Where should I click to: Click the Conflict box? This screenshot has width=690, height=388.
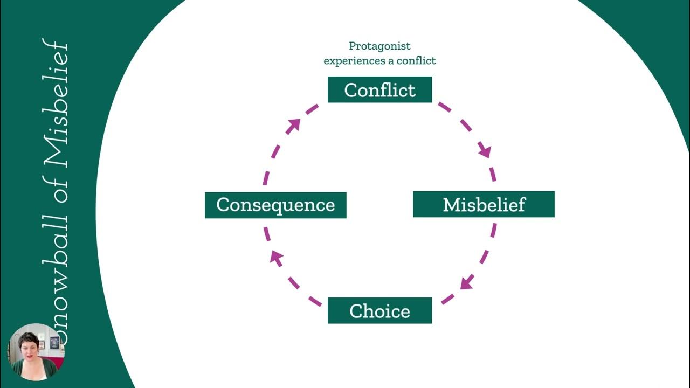click(379, 89)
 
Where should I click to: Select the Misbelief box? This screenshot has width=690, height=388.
click(484, 204)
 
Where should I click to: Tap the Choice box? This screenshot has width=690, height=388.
click(379, 310)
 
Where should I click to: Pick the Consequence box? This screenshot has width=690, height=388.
click(275, 205)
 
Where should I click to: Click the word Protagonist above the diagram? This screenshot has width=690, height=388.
click(379, 46)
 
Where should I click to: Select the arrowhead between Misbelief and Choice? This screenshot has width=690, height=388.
click(467, 282)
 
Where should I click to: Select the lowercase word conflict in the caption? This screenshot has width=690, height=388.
click(416, 61)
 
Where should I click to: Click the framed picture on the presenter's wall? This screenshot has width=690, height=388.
click(54, 343)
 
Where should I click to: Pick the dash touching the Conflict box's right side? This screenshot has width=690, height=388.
click(444, 107)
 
